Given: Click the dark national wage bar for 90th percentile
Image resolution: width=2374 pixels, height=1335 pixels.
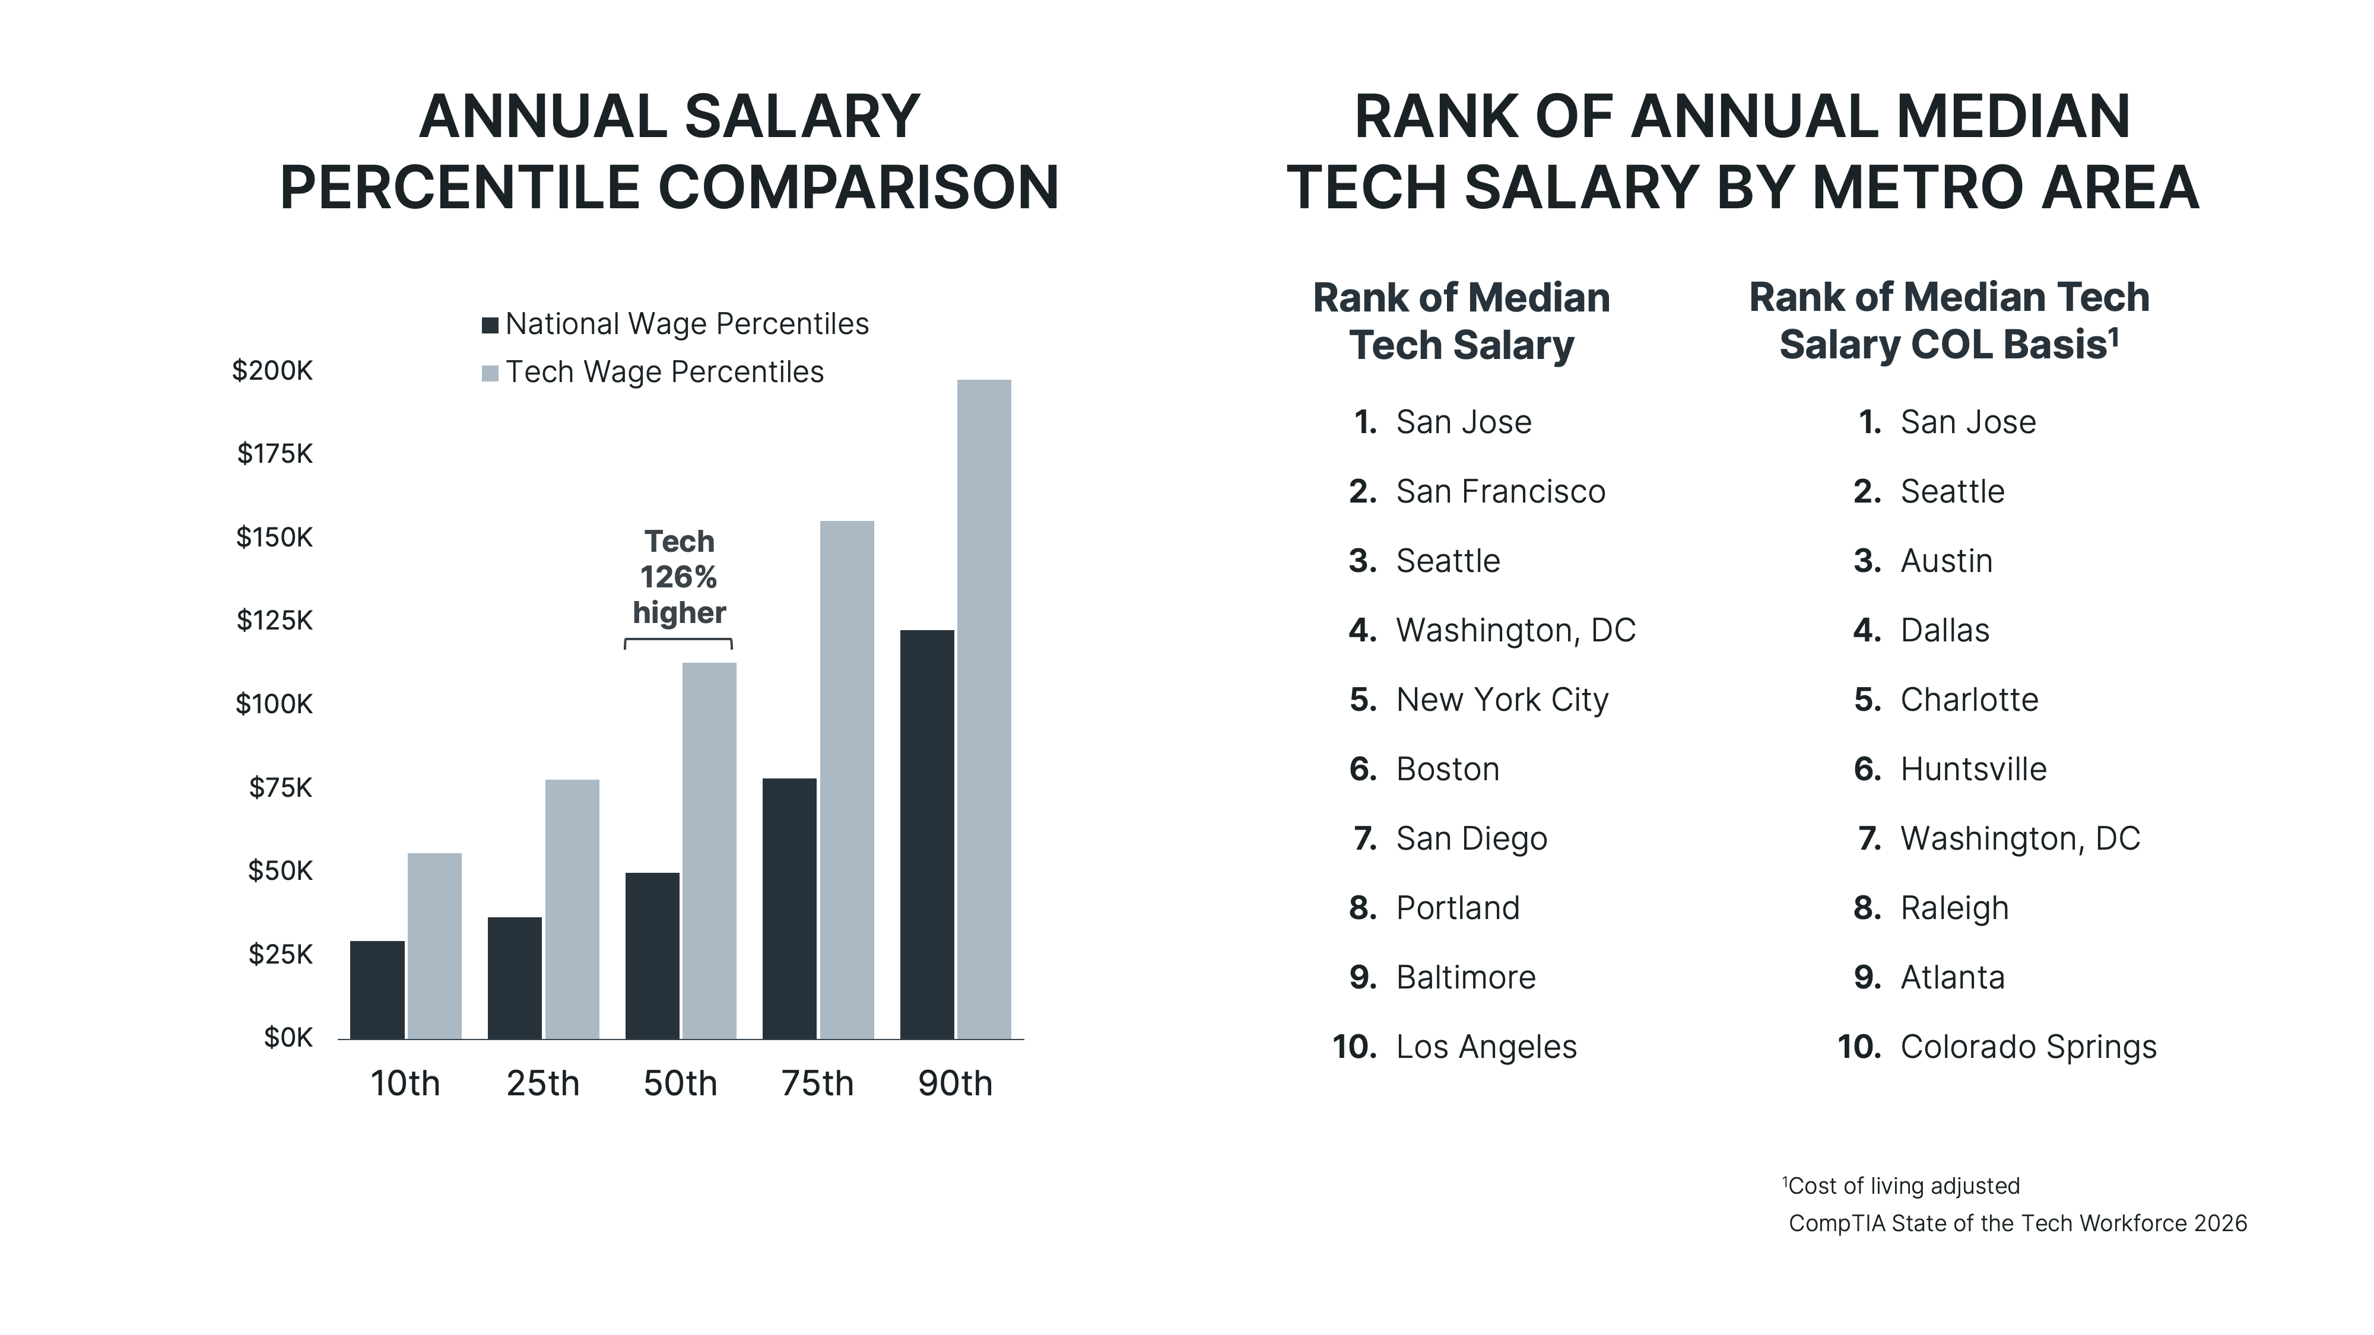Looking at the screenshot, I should [x=926, y=834].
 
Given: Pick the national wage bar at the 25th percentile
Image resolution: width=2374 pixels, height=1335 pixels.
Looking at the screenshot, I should [x=514, y=978].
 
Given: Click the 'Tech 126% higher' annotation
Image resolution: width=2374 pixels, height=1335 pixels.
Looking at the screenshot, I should [x=678, y=577].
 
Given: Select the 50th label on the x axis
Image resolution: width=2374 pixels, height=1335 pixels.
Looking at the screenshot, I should [x=679, y=1083].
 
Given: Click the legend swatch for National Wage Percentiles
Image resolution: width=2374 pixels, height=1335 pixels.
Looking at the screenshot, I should [x=490, y=325].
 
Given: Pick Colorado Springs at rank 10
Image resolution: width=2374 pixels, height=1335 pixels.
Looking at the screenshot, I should [x=2027, y=1048].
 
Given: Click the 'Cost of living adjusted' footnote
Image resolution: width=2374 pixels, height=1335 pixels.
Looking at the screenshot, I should [x=1902, y=1185].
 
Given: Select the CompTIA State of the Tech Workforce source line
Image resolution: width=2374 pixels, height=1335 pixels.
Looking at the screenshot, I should [x=2017, y=1223].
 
